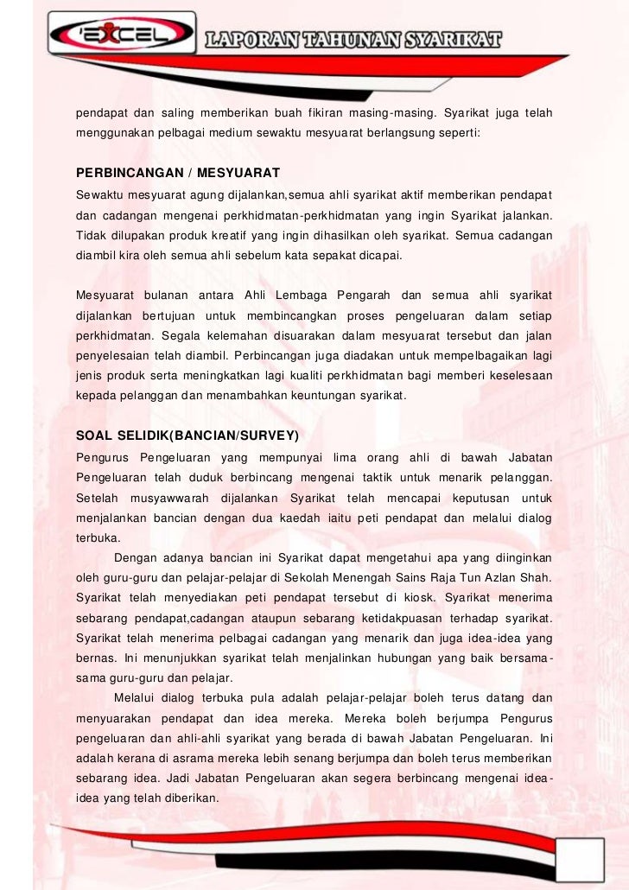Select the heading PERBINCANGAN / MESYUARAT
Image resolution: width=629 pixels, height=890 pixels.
coord(179,171)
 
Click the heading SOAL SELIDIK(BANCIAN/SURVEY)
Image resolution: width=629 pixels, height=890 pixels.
coord(187,435)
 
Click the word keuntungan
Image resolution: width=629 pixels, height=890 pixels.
coord(325,395)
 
